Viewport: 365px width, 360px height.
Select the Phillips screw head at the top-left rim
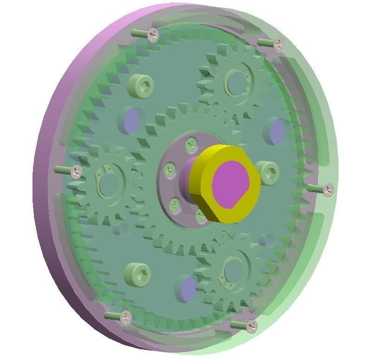(x=152, y=33)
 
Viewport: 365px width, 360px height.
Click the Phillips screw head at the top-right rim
(x=278, y=44)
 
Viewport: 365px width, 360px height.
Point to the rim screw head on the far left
(x=76, y=170)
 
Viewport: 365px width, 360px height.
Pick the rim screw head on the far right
(x=328, y=189)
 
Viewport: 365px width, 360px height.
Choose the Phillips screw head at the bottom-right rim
(x=251, y=326)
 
